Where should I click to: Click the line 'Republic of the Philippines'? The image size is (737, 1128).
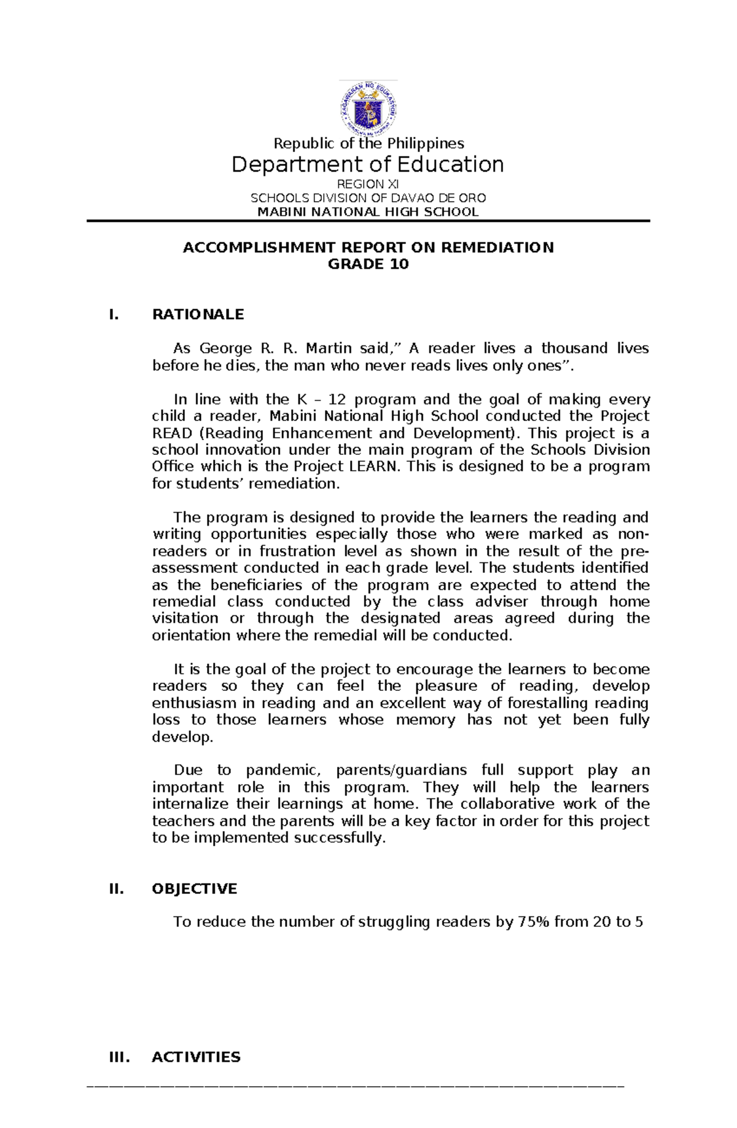click(x=368, y=143)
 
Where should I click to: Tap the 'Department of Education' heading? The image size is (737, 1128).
click(x=368, y=165)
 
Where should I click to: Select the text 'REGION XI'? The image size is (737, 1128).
click(x=368, y=184)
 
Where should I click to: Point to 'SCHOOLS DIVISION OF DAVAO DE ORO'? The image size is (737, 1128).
click(x=368, y=198)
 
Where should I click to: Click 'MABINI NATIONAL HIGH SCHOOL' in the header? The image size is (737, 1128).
click(x=368, y=212)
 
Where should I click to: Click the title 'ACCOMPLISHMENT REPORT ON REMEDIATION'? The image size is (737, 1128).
click(x=368, y=248)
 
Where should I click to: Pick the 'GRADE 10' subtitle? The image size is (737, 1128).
click(x=368, y=264)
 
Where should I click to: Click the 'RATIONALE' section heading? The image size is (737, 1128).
click(x=198, y=315)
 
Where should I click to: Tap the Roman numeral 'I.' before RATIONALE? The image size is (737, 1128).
click(x=113, y=315)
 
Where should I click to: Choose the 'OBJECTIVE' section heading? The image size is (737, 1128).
click(x=194, y=889)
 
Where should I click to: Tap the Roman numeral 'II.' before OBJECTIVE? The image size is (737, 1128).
click(x=116, y=889)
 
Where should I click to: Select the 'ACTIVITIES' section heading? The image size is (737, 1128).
click(x=196, y=1057)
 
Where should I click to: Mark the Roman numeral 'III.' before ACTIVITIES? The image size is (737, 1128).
click(x=119, y=1057)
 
